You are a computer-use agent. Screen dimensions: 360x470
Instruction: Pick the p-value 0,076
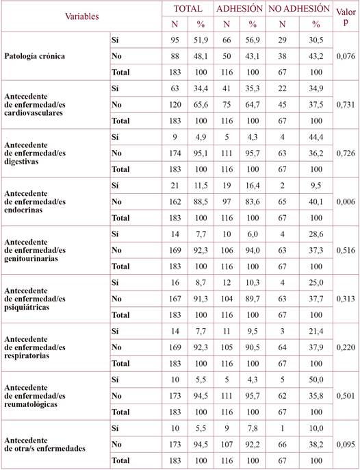[x=345, y=56]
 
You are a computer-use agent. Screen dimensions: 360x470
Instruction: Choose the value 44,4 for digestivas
[x=316, y=136]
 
